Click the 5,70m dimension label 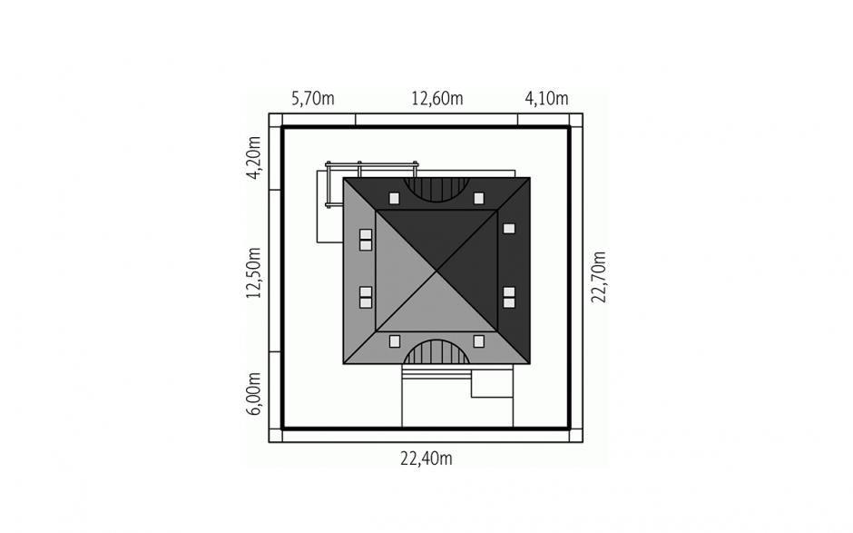click(313, 99)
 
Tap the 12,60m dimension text click(436, 99)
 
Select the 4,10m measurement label click(546, 99)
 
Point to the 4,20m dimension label click(254, 157)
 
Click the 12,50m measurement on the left click(254, 272)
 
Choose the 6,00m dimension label click(254, 394)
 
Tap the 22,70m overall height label click(598, 277)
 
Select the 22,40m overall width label click(426, 459)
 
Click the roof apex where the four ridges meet click(436, 271)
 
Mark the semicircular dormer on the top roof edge click(436, 189)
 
